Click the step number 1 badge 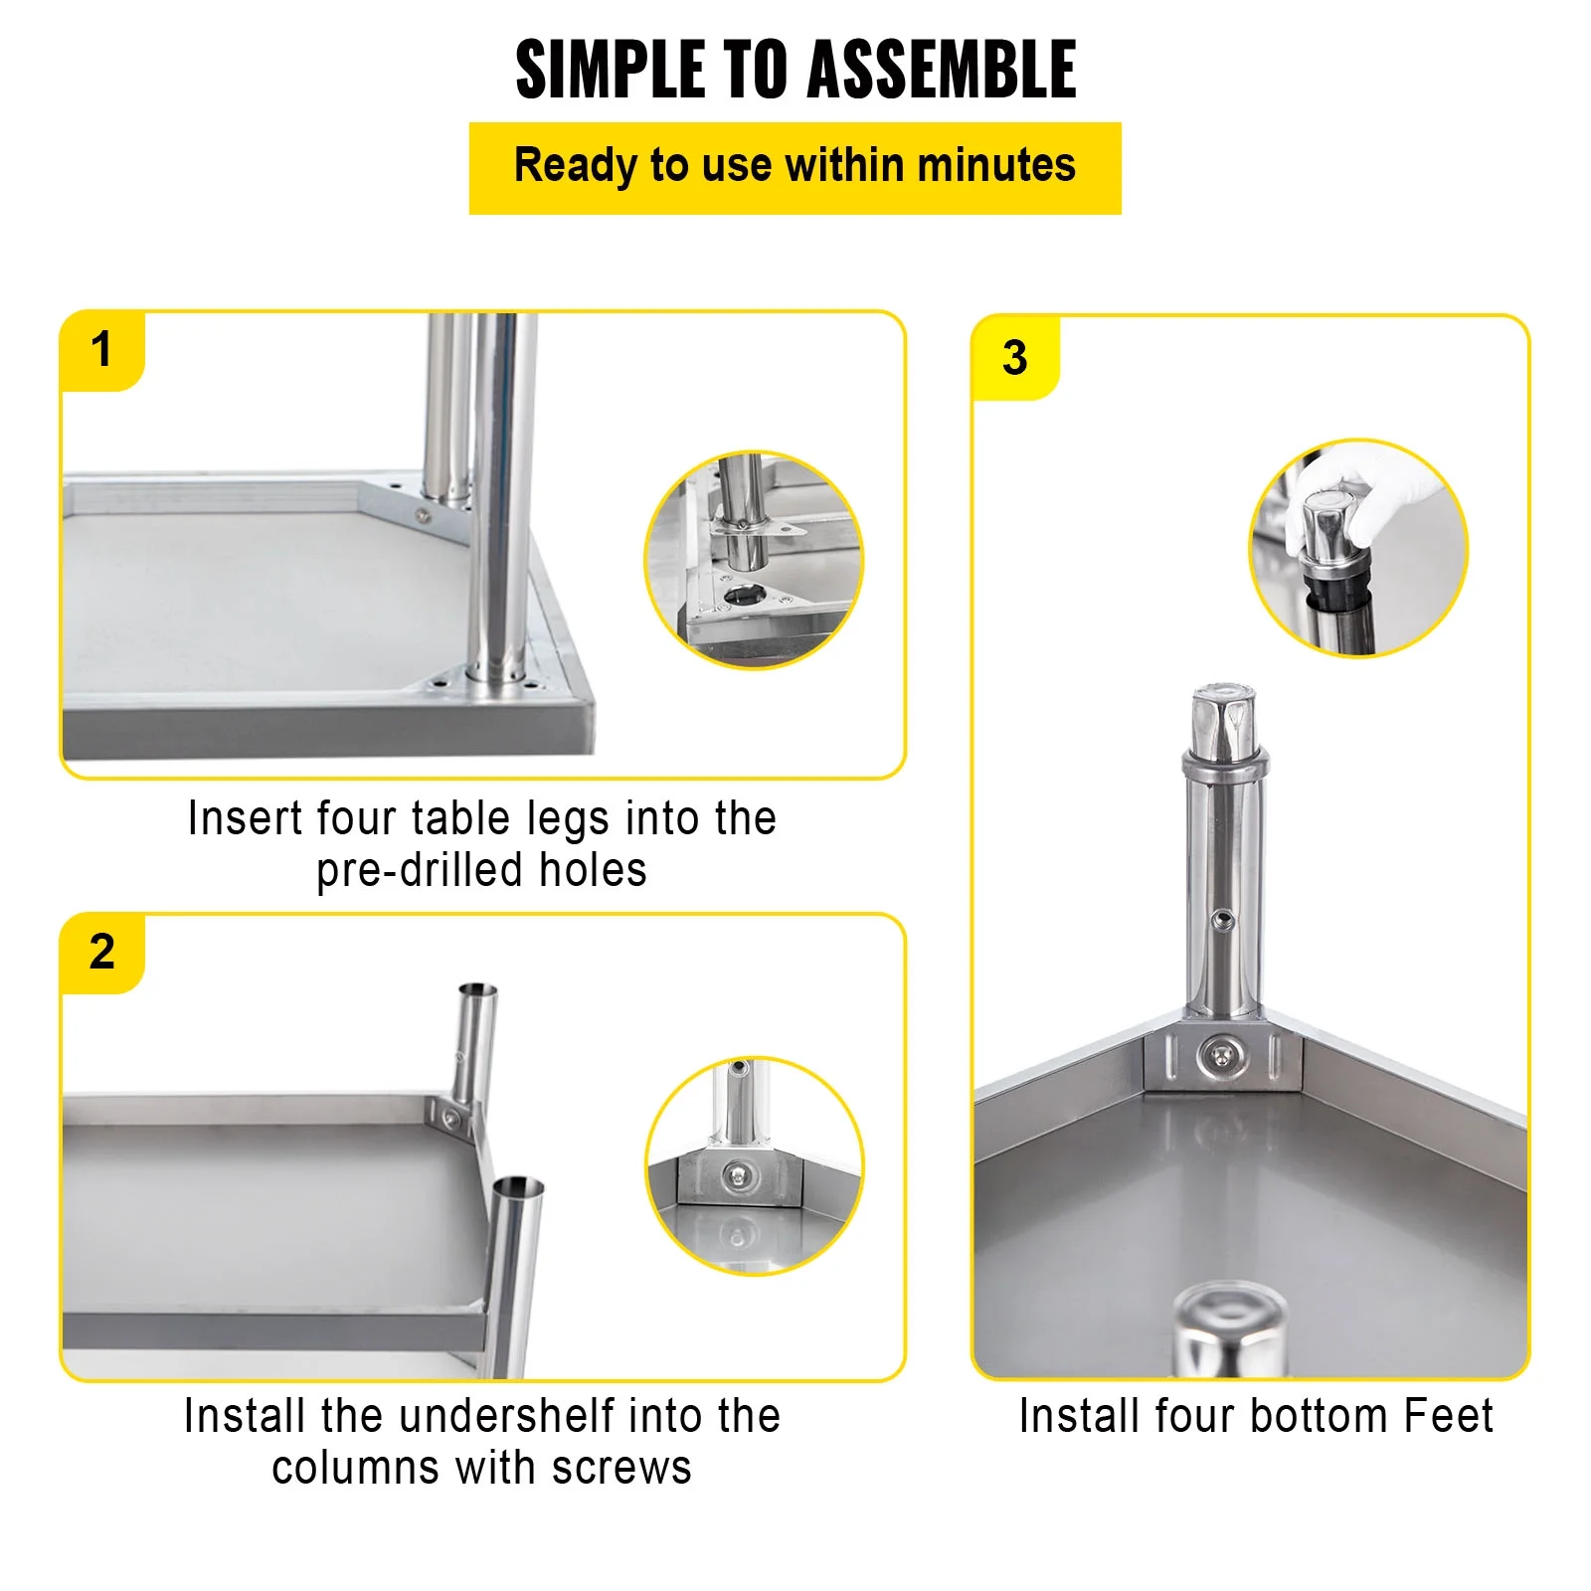101,350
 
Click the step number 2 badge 101,952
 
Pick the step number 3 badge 1014,358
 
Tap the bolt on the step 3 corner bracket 1223,1056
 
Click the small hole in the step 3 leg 1225,921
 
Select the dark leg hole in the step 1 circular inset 745,596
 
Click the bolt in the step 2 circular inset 738,1177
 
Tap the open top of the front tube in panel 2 518,1187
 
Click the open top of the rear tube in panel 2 477,990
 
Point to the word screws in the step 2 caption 621,1468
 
